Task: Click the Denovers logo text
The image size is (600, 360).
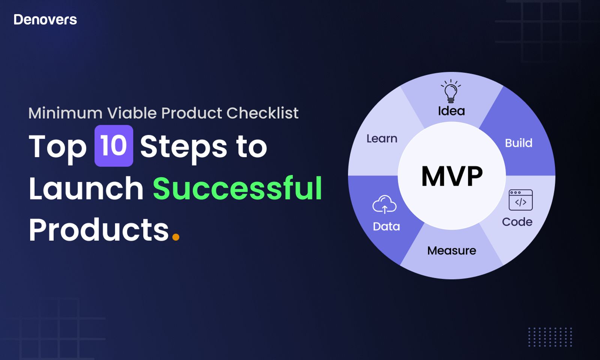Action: (x=45, y=19)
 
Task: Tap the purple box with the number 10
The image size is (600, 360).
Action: (x=114, y=146)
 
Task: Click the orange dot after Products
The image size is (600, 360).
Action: (x=176, y=237)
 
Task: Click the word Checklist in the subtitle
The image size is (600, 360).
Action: (x=262, y=113)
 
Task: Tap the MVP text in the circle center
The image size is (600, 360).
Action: (x=452, y=176)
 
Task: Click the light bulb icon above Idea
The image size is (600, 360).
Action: (x=451, y=91)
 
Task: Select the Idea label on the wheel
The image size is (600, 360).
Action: (x=451, y=111)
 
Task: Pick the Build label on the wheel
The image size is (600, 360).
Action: (x=519, y=143)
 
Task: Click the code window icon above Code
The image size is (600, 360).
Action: (x=521, y=200)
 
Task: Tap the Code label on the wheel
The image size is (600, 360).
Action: (x=517, y=222)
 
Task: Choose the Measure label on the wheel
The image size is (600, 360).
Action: (x=451, y=251)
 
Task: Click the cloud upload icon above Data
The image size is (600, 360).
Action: (x=384, y=204)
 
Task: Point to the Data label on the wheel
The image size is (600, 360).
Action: (x=386, y=226)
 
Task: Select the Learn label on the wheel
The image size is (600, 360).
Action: (x=382, y=139)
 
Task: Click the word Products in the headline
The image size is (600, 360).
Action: (x=99, y=229)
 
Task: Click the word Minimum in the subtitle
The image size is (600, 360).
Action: (x=65, y=113)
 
